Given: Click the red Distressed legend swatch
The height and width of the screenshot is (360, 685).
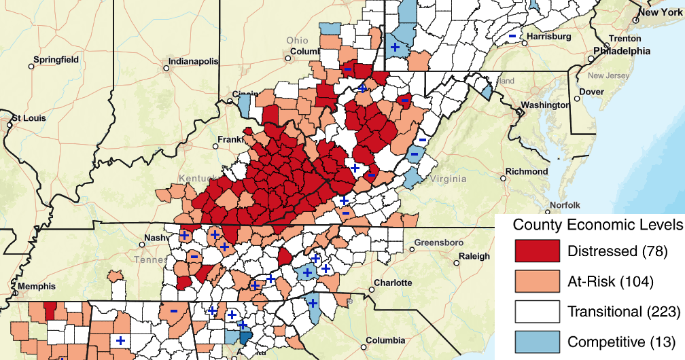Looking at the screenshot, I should click(537, 251).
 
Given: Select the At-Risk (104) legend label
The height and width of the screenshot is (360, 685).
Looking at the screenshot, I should click(610, 281).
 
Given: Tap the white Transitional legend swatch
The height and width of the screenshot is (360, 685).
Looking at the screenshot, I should click(537, 311).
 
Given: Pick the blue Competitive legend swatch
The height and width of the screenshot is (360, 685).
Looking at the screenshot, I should click(537, 341).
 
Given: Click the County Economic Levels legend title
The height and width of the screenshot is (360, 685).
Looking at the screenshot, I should click(597, 225).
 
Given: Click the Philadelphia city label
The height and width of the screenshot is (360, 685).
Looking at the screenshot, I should click(622, 51).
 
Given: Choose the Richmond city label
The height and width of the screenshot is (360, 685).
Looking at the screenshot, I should click(527, 171).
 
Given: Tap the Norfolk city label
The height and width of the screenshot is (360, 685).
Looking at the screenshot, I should click(565, 204).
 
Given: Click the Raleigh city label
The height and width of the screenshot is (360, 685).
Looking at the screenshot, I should click(474, 256).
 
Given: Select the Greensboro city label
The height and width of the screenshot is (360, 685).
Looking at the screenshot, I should click(438, 242).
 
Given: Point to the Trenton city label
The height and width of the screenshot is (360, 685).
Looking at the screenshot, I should click(625, 39).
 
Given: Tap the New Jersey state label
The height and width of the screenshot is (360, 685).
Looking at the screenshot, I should click(610, 75).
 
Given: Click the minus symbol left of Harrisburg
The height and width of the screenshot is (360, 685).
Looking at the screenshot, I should click(512, 36).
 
